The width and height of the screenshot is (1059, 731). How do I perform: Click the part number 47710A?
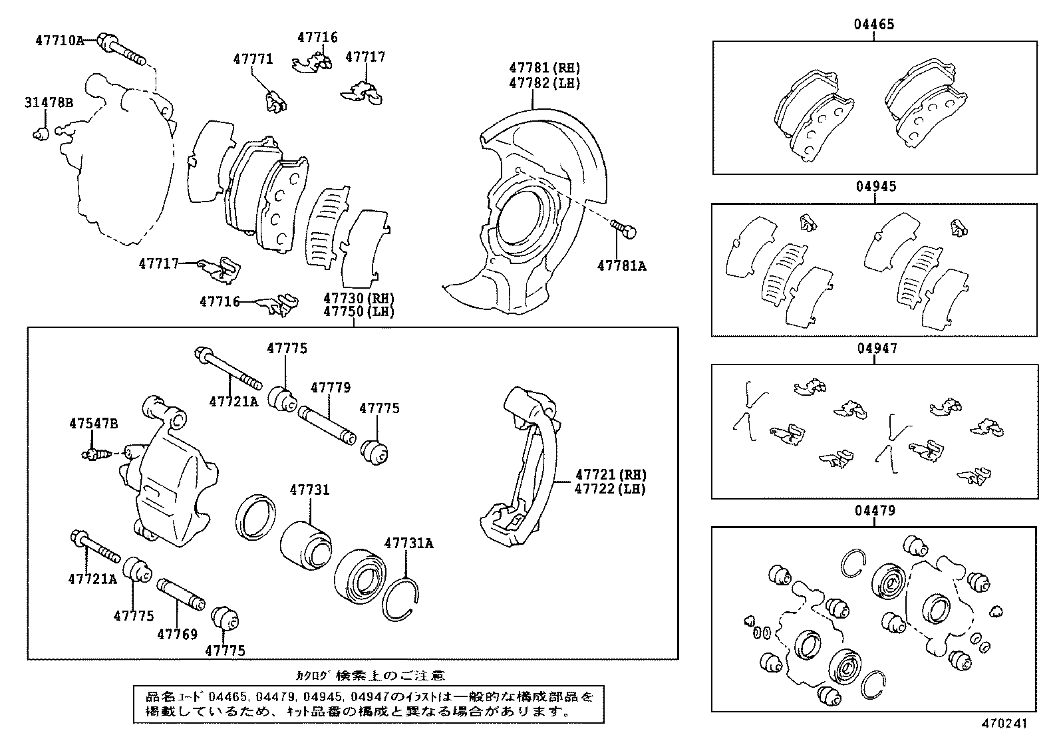click(59, 41)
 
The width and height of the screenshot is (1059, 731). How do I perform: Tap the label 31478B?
click(49, 103)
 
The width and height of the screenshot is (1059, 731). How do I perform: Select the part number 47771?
click(253, 59)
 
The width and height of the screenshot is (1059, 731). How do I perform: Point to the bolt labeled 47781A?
click(624, 229)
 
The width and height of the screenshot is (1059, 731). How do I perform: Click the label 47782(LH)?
click(544, 83)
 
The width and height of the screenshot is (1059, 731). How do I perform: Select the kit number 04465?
click(874, 25)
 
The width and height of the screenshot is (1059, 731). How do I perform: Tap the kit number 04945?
click(874, 187)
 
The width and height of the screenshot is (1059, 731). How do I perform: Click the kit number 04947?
click(874, 349)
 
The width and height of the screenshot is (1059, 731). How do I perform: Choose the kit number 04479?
click(874, 511)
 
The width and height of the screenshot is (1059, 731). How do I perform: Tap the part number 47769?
click(177, 634)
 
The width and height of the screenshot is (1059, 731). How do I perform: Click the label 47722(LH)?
click(610, 489)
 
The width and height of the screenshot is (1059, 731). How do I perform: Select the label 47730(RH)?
click(359, 299)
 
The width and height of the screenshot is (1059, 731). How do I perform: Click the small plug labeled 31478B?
click(39, 134)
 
